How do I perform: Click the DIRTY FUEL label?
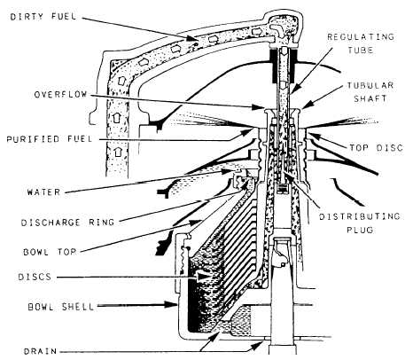(43, 16)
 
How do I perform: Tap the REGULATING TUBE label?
(361, 43)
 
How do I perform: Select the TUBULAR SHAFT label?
(370, 92)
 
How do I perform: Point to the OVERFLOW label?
(60, 95)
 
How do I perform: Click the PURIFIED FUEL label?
(50, 139)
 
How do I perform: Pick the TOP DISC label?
(377, 147)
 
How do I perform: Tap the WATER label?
(43, 192)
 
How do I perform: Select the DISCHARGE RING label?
(67, 223)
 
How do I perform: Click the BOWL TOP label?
(50, 252)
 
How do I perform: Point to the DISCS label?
(35, 277)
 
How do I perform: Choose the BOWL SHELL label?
(61, 307)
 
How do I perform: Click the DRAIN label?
(40, 351)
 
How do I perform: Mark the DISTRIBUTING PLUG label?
(360, 223)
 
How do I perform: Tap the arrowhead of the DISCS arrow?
(204, 277)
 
